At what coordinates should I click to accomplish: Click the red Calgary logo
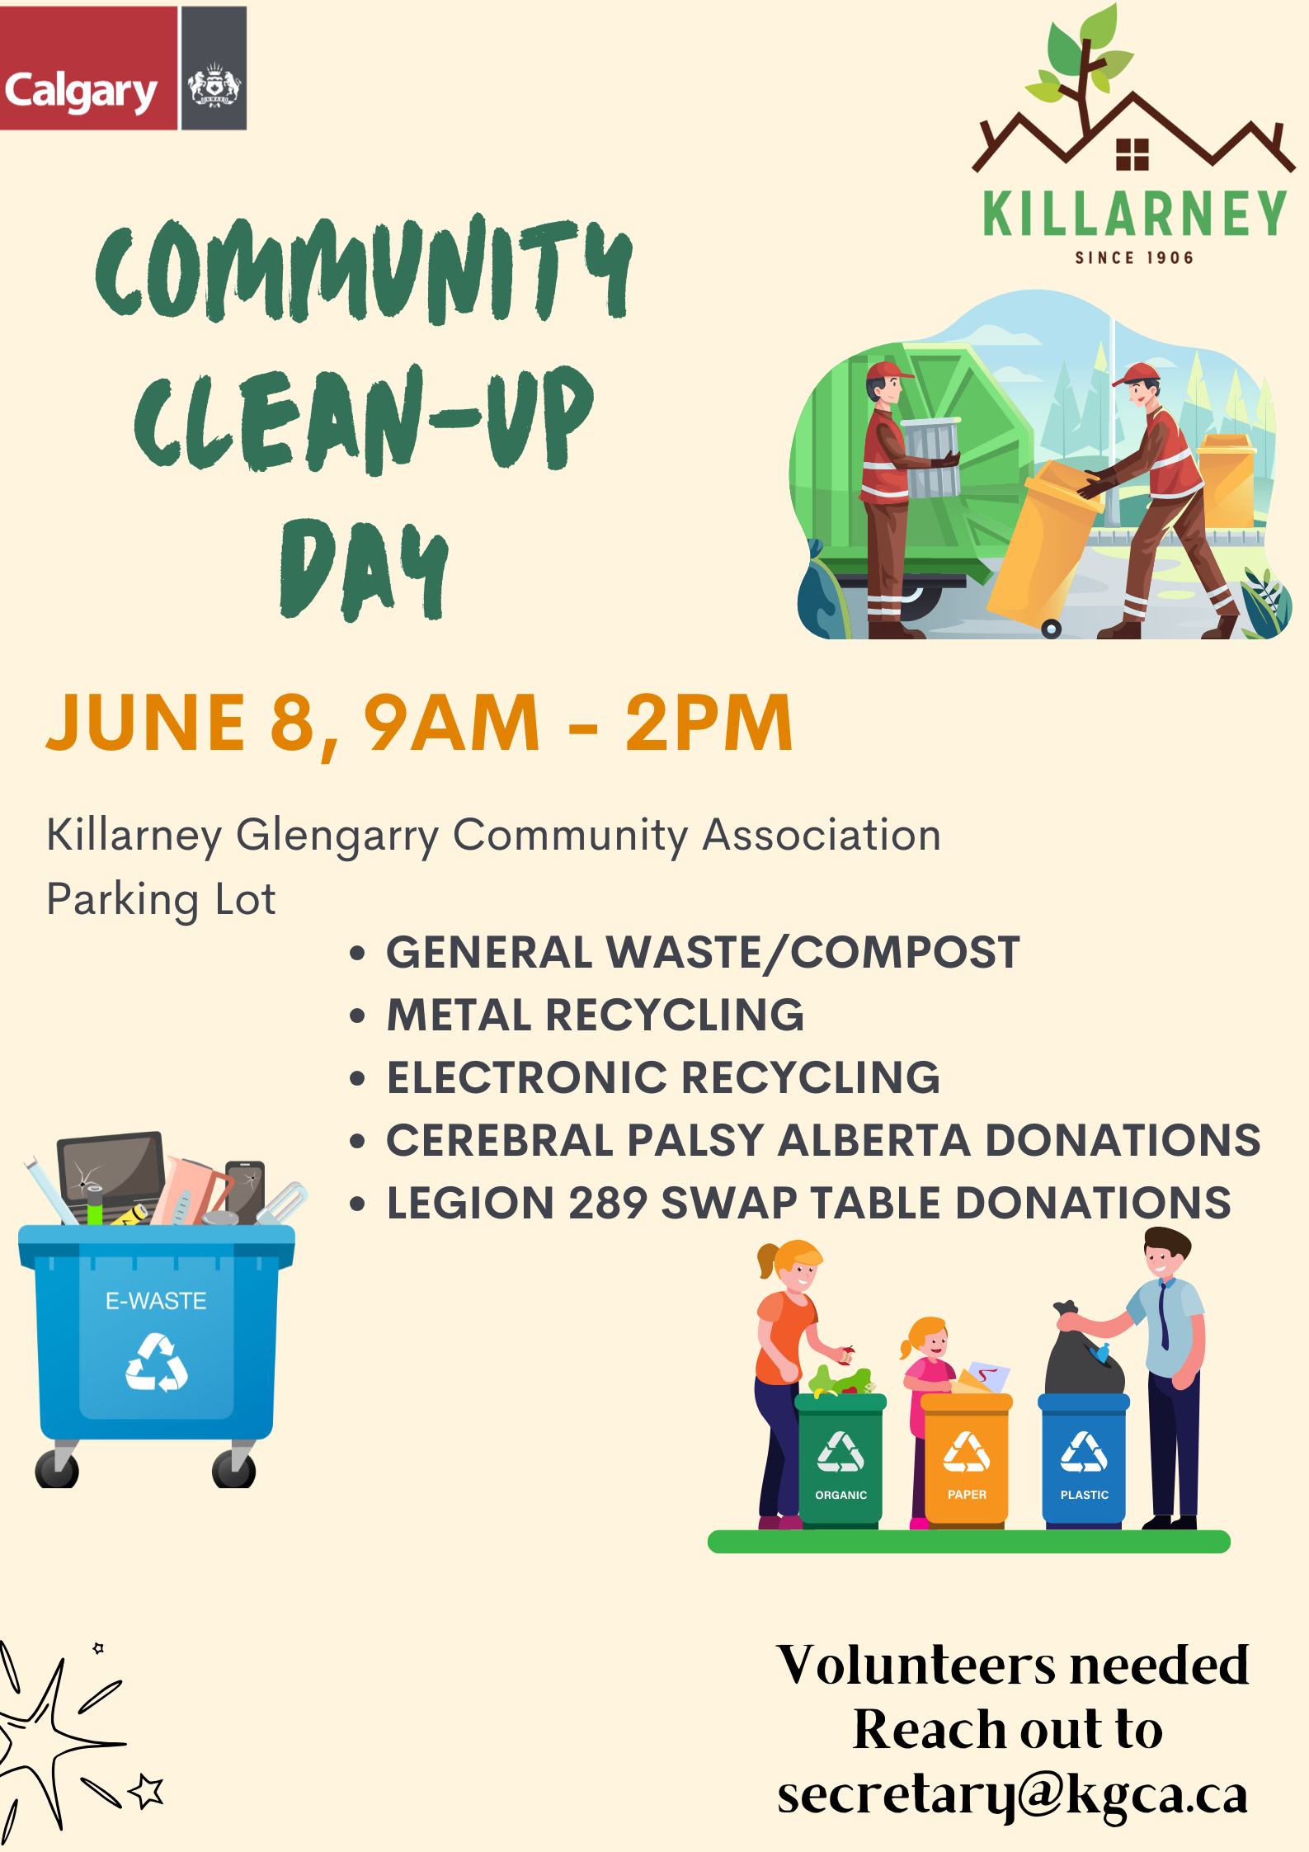88,68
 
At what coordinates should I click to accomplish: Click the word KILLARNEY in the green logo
1135,214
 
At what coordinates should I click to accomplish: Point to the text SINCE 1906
1134,258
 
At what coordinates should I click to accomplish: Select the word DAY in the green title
364,569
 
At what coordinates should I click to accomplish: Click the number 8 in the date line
293,723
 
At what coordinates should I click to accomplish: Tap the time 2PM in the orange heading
709,723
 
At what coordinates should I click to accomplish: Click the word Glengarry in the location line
337,836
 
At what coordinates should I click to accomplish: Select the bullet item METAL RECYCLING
596,1015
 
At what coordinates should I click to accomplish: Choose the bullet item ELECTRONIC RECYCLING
664,1077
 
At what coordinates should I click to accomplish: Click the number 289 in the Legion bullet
608,1203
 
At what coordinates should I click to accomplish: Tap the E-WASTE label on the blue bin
156,1301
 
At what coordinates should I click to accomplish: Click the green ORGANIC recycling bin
840,1459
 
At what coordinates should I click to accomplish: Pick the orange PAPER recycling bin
966,1459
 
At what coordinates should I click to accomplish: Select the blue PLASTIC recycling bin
1084,1459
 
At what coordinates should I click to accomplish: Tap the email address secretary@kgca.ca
1013,1795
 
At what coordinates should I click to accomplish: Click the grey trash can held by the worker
931,457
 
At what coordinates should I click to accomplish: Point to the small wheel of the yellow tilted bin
1052,629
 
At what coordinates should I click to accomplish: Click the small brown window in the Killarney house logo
1132,154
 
